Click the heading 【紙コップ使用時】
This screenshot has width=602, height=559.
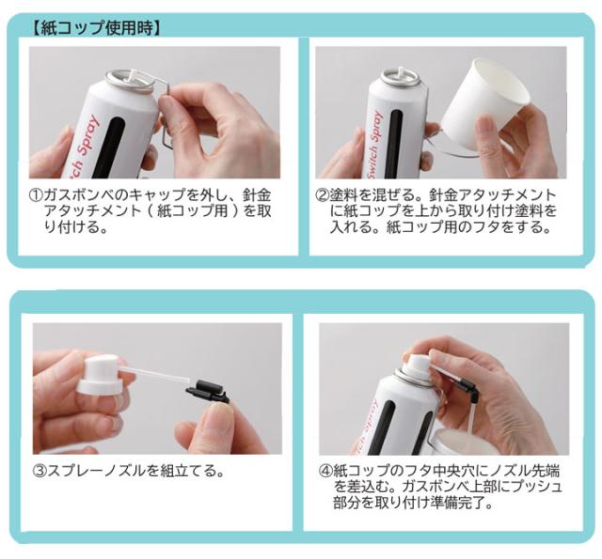[95, 28]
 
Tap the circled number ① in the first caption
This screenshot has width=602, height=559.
[37, 195]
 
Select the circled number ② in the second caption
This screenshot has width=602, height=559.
[323, 195]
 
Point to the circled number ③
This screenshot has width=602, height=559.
[40, 471]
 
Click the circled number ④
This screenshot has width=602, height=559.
[326, 471]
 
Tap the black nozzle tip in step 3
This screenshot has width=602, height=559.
[207, 392]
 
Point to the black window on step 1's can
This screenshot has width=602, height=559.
[110, 148]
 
